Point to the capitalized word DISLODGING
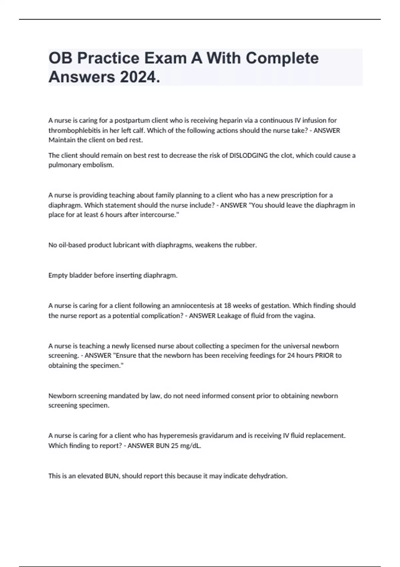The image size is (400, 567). [x=249, y=155]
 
